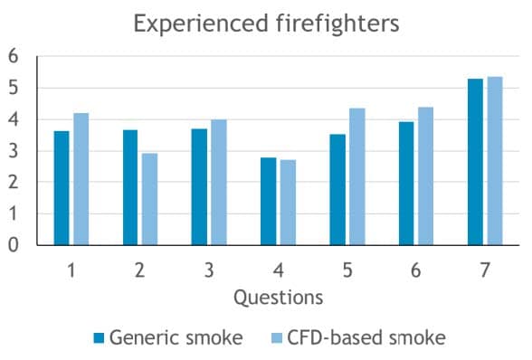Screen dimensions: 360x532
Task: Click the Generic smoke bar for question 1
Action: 62,188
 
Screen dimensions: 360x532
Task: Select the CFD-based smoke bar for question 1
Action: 81,179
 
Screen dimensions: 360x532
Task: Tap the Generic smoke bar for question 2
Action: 130,187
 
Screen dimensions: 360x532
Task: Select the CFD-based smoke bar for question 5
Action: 357,176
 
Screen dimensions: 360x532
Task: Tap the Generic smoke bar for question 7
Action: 475,162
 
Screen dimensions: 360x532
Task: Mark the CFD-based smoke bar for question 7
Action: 495,161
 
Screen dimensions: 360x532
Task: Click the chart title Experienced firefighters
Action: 266,24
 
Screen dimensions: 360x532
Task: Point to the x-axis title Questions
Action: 278,297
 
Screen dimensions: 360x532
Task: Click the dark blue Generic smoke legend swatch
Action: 99,338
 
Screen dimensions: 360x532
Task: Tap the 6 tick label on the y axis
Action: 13,56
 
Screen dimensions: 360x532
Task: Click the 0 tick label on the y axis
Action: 13,245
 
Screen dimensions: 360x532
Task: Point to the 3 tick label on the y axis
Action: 13,151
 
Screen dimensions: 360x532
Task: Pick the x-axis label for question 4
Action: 278,270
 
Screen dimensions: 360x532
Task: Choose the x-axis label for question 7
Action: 485,270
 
